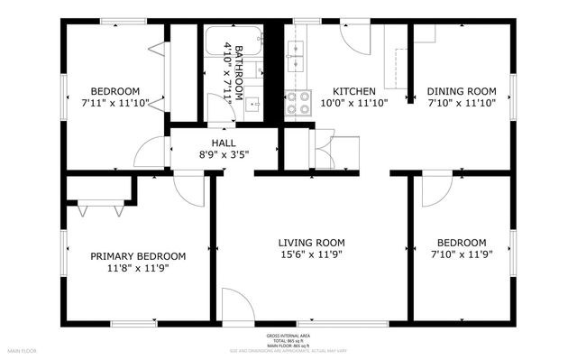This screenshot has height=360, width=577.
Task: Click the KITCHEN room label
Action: tap(354, 91)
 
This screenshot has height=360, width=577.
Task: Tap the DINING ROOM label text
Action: tap(462, 91)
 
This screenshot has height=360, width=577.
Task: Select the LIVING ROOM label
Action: tap(311, 242)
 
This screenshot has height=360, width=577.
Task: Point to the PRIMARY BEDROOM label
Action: tap(138, 255)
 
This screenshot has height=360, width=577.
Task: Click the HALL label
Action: tap(224, 143)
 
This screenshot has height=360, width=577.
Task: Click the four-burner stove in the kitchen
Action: tap(298, 104)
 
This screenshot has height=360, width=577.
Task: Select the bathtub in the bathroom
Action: tap(233, 40)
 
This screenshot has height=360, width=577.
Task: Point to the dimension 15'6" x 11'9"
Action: tap(311, 254)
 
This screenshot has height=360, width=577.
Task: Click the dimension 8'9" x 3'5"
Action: tap(224, 154)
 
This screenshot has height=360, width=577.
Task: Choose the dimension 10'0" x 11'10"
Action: tap(354, 103)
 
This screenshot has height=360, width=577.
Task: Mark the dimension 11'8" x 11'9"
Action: tap(138, 268)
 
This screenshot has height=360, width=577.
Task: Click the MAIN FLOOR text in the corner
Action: tap(22, 348)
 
